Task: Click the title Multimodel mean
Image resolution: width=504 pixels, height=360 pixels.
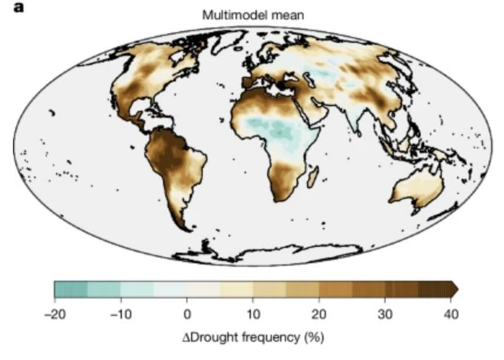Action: click(x=253, y=15)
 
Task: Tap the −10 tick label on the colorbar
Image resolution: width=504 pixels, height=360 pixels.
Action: click(x=121, y=314)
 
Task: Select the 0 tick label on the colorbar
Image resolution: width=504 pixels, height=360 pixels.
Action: click(x=187, y=314)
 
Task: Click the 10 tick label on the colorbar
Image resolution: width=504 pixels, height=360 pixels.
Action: click(x=253, y=314)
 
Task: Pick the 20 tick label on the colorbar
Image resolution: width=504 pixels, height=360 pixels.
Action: click(x=319, y=314)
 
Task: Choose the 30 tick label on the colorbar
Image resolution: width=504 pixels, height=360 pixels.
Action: click(x=385, y=314)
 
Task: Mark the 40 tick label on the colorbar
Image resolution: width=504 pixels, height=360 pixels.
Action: click(x=451, y=314)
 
